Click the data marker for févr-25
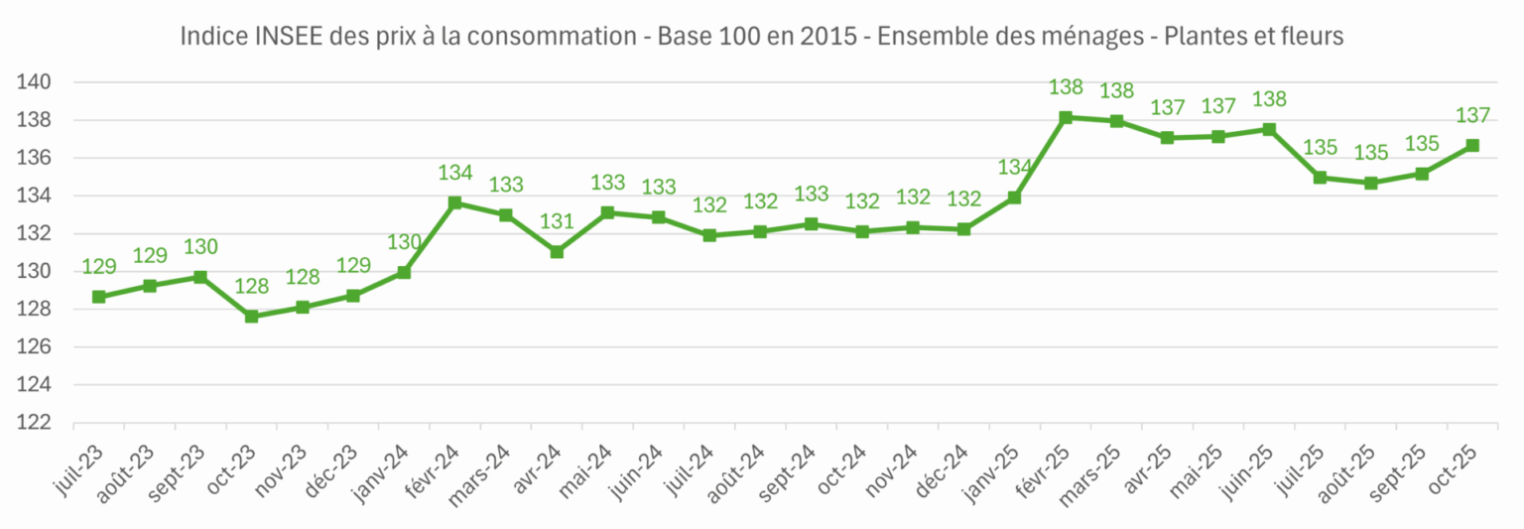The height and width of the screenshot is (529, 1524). [x=1066, y=117]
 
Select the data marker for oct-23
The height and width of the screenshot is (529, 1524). [x=251, y=317]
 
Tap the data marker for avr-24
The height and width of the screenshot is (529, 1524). [x=557, y=252]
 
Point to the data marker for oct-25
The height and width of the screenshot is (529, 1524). [x=1472, y=145]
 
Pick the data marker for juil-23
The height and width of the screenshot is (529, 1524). [x=99, y=297]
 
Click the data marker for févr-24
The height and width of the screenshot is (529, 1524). [x=455, y=202]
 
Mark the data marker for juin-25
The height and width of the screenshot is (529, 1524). [x=1269, y=129]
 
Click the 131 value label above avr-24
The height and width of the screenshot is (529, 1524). [x=557, y=220]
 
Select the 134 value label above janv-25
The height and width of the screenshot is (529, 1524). [x=1015, y=167]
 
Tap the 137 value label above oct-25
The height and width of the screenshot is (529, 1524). [x=1472, y=115]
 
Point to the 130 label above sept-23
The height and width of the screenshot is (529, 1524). [x=200, y=247]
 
